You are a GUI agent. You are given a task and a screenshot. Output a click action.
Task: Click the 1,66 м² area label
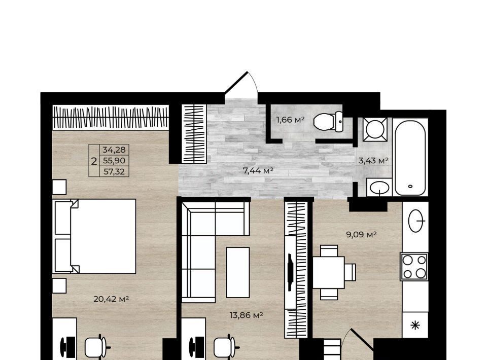(290, 120)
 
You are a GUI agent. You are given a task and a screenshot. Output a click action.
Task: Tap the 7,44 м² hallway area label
(258, 170)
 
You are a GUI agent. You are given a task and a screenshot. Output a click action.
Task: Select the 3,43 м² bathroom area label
(373, 160)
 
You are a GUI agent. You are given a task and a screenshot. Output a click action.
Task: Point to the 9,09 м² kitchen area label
(361, 234)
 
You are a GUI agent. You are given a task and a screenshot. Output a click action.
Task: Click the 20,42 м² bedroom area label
(111, 299)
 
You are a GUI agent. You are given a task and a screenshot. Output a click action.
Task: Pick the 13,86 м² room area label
(247, 315)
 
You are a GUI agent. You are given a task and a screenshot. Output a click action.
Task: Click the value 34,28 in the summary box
(114, 150)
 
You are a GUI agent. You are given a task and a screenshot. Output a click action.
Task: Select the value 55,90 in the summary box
(114, 160)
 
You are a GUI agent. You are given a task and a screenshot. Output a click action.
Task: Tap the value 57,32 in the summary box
(114, 171)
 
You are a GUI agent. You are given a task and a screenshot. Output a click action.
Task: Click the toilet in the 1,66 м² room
(328, 121)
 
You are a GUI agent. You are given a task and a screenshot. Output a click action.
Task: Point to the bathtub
(410, 158)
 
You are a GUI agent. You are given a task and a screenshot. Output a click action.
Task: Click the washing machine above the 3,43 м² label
(375, 129)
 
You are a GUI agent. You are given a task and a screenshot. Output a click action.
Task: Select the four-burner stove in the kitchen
(414, 266)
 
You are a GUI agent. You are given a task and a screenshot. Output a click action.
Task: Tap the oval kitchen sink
(416, 221)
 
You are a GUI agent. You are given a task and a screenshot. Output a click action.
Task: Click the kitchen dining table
(329, 272)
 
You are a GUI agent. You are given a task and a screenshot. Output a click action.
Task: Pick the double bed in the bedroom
(95, 236)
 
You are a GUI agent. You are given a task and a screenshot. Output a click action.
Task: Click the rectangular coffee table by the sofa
(237, 272)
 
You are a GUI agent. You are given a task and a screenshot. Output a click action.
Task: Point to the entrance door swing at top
(242, 83)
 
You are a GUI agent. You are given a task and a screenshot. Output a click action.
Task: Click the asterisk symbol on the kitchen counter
(415, 325)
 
